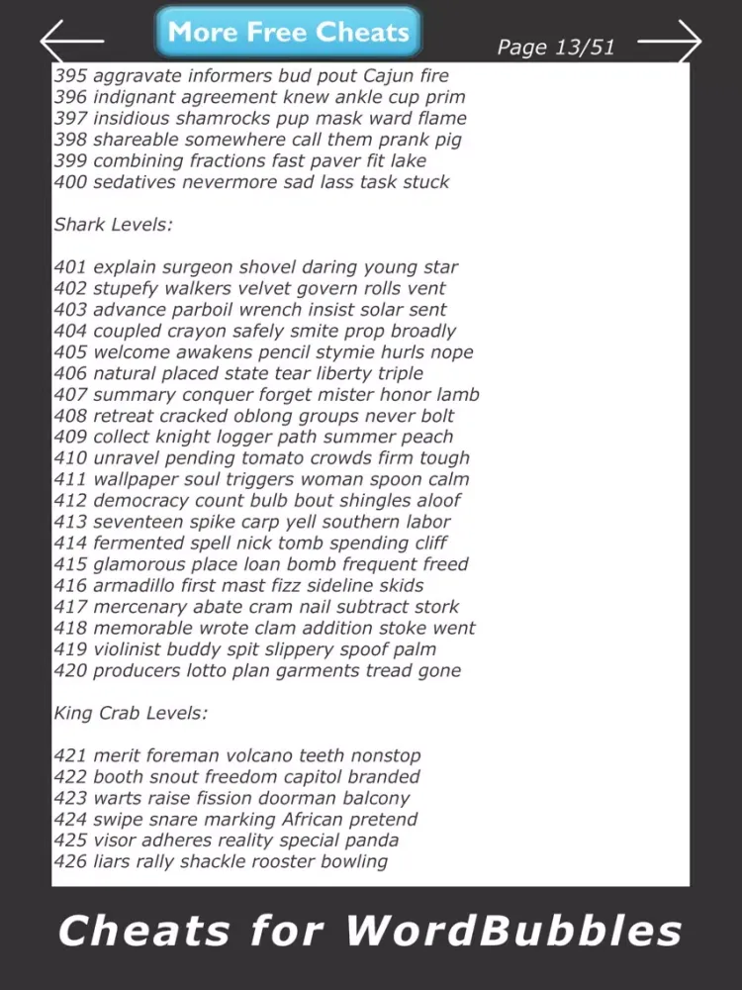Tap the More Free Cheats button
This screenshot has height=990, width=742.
pos(288,32)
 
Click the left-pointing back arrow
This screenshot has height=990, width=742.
pos(72,41)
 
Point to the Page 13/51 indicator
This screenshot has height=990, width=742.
pos(555,48)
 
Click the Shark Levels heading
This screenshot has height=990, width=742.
pos(113,225)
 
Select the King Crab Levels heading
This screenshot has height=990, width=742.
pos(130,713)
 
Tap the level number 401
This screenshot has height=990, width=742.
pos(70,267)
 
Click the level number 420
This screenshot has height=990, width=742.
pos(70,671)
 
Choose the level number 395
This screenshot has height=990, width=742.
pos(70,76)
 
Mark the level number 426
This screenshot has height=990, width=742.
pos(70,862)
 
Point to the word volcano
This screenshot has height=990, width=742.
pos(260,756)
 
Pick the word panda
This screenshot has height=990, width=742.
pos(371,841)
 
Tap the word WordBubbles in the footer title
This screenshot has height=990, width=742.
pos(513,932)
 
